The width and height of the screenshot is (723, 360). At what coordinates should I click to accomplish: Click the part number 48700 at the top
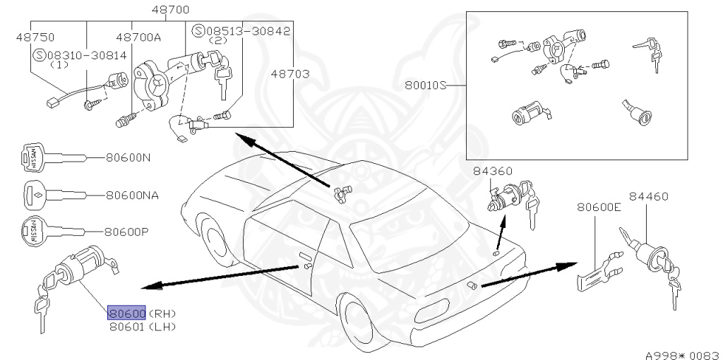point(170,11)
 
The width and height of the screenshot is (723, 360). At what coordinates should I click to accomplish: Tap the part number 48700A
point(138,37)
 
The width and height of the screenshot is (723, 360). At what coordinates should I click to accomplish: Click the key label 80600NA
point(132,194)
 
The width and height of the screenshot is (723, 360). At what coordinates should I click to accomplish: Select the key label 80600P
point(128,231)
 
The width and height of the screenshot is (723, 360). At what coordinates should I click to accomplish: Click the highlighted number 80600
point(126,313)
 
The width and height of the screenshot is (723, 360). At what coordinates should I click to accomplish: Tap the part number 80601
point(126,326)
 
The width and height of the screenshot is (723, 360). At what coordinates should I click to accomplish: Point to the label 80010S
point(426,85)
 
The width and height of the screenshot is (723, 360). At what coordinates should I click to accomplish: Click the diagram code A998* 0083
point(681,352)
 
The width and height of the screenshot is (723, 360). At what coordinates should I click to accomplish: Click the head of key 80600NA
point(36,193)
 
